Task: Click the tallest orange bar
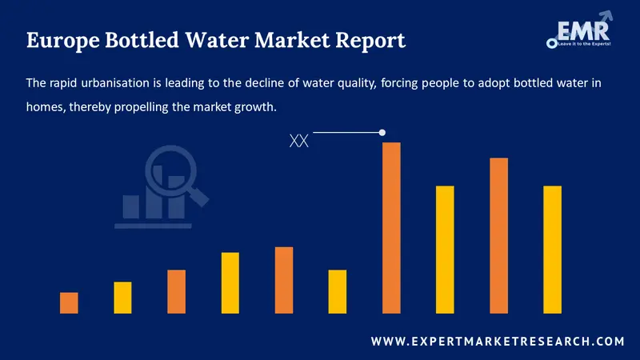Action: [x=391, y=227]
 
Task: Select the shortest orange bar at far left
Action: [x=69, y=302]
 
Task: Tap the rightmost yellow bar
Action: [x=553, y=249]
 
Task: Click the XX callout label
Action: [x=298, y=142]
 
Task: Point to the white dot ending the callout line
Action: [x=382, y=132]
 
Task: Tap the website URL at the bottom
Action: [x=498, y=342]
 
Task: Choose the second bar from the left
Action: [x=122, y=297]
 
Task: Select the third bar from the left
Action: [x=177, y=291]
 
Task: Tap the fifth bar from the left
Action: [x=284, y=280]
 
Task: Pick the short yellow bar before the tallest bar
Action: [x=338, y=291]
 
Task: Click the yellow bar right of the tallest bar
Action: [x=445, y=249]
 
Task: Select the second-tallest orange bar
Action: [x=498, y=235]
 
